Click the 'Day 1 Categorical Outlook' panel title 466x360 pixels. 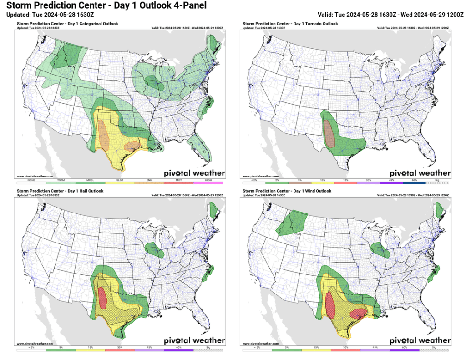67,23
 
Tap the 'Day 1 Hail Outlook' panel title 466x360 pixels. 60,191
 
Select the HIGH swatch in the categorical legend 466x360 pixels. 208,183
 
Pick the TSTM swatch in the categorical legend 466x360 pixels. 61,183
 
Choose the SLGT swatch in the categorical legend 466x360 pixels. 120,183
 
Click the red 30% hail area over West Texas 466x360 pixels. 103,298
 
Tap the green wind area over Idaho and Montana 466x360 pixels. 291,221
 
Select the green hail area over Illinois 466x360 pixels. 154,249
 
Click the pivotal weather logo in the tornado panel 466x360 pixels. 420,173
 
